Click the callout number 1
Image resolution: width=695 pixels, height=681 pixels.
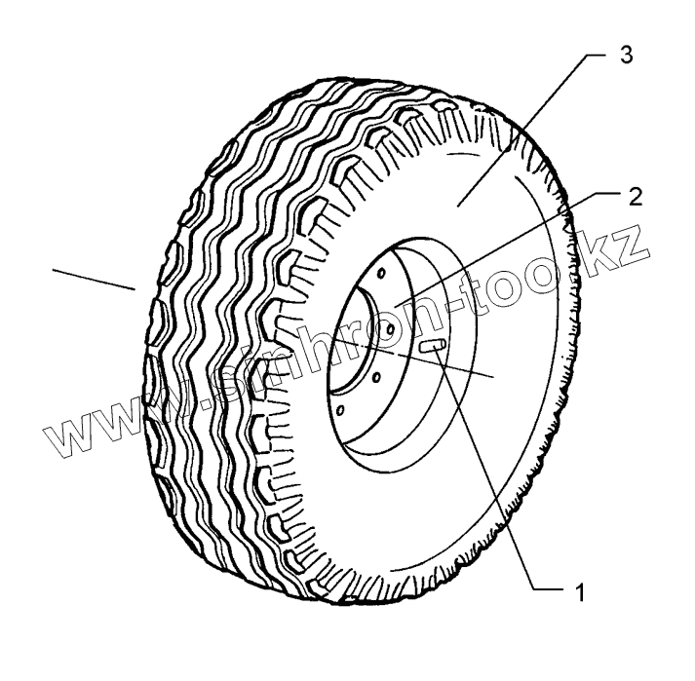[578, 591]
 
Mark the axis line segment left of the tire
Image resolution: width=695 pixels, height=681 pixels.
[94, 277]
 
